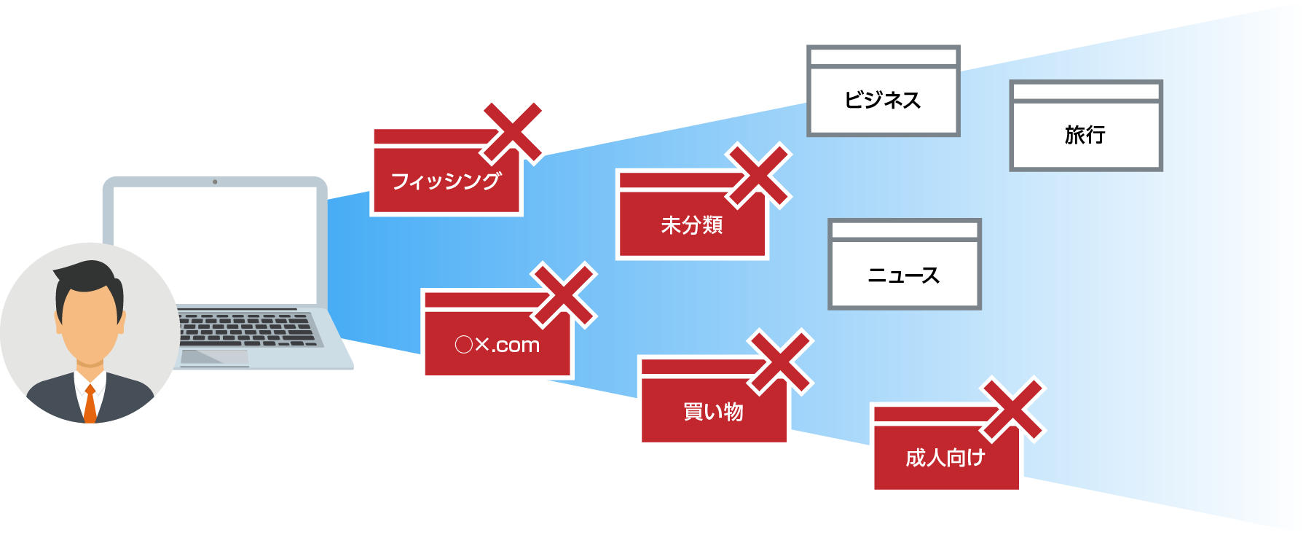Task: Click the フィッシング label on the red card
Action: click(446, 181)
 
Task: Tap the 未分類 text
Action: click(691, 225)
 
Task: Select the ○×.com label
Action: click(497, 345)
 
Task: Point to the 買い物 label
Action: click(713, 412)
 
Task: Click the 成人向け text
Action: click(945, 458)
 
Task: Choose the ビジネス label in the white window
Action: click(883, 100)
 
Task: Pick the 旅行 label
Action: click(1085, 135)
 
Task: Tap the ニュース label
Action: click(904, 276)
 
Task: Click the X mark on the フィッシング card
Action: click(514, 133)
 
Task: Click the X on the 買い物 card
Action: click(781, 362)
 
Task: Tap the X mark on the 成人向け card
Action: click(1013, 409)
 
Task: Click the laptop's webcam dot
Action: click(215, 181)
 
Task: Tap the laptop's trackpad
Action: click(215, 357)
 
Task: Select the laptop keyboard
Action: click(248, 329)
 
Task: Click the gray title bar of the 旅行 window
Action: click(1085, 92)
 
